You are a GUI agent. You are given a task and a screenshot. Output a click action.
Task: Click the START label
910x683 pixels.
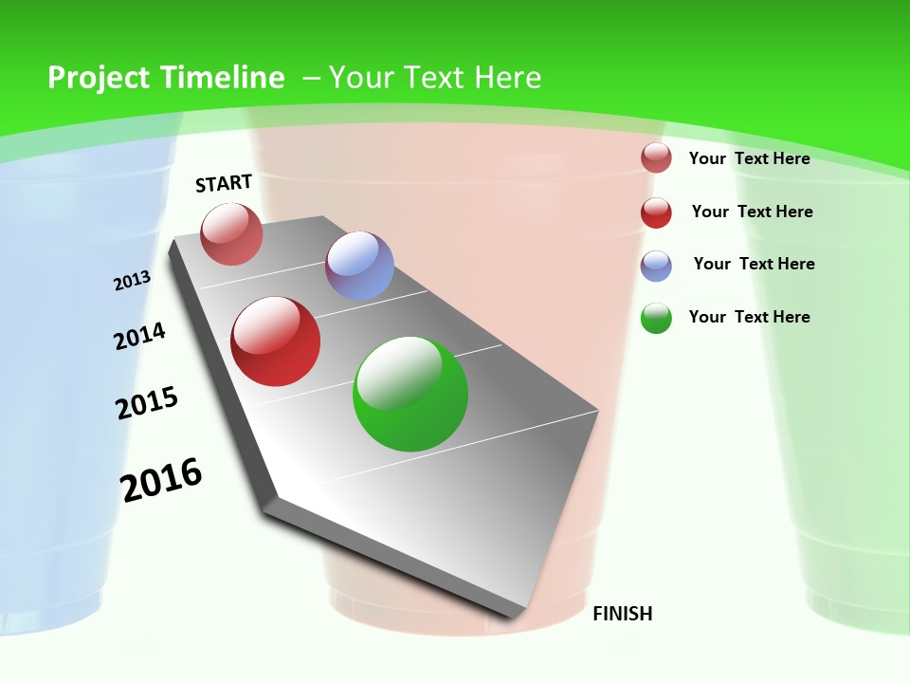coord(224,183)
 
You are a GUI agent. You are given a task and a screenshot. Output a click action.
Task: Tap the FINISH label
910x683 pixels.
coord(622,614)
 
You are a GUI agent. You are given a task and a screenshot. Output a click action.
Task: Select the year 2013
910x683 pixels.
coord(132,281)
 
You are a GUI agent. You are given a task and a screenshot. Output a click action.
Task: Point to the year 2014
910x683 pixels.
coord(139,336)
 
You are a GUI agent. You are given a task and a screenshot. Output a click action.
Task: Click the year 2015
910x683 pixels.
coord(147,403)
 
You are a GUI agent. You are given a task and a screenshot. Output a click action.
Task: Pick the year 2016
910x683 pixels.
coord(161,480)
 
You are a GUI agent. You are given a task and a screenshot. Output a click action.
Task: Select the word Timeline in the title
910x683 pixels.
coord(224,78)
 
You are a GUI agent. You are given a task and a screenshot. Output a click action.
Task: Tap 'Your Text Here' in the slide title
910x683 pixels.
coord(434,78)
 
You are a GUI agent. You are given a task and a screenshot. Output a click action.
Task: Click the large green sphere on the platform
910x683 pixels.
coord(410,394)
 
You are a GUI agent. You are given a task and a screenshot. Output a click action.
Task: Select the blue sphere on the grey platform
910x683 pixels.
coord(359,266)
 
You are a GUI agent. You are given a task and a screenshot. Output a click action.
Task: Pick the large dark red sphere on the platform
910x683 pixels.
coord(276,341)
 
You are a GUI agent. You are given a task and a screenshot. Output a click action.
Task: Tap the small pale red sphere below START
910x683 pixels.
coord(232,233)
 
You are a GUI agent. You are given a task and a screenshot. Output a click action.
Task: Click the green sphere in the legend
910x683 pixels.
coord(656,318)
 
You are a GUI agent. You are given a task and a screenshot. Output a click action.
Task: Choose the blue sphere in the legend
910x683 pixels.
coord(656,266)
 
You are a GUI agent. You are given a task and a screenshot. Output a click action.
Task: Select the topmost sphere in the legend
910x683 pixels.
coord(656,157)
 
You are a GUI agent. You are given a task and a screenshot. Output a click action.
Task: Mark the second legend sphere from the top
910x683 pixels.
coord(656,212)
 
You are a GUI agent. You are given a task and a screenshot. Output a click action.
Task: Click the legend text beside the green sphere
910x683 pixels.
coord(749,317)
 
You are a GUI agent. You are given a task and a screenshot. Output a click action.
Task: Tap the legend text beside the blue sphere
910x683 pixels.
coord(754,264)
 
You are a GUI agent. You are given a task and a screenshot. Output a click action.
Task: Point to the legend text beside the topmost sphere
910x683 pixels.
coord(749,158)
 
